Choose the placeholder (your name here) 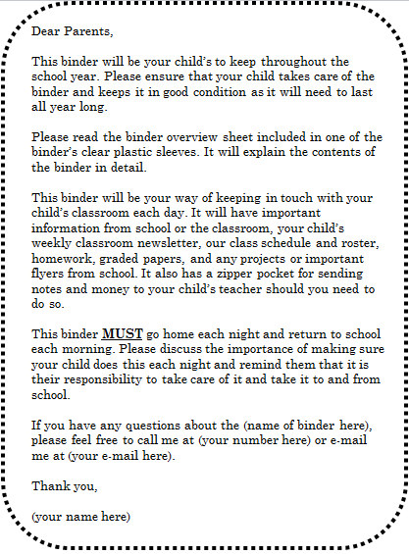click(80, 515)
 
